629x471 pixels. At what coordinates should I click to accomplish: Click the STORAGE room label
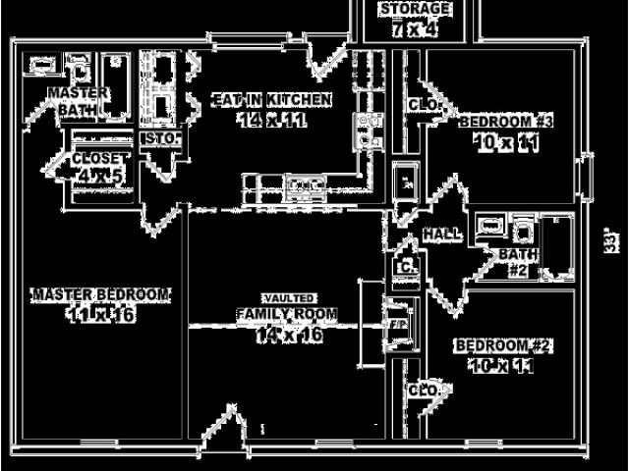(x=416, y=9)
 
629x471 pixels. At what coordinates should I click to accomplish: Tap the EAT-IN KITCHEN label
(x=272, y=99)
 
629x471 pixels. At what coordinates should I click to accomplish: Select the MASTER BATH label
(x=71, y=100)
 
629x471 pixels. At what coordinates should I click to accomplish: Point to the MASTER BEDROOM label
(x=101, y=294)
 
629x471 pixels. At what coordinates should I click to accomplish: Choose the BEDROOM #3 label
(x=507, y=122)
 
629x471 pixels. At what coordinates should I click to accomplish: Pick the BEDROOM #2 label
(x=503, y=346)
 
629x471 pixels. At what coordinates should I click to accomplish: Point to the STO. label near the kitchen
(x=161, y=138)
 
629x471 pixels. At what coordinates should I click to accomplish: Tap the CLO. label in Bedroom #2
(x=424, y=390)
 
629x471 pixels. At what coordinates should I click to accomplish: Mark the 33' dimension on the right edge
(x=610, y=240)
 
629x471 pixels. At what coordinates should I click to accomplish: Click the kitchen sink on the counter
(x=305, y=183)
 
